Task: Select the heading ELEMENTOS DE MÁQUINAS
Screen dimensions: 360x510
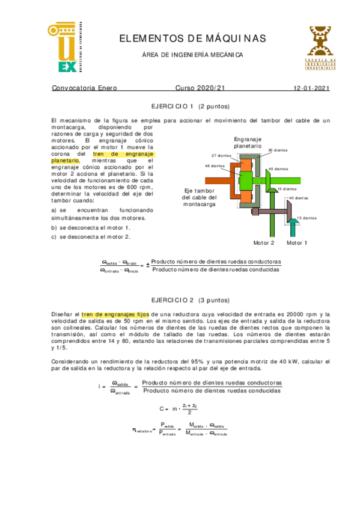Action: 192,38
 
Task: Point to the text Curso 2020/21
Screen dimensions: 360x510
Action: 200,88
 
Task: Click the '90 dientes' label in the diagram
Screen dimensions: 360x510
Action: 278,150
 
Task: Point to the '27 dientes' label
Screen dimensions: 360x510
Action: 221,155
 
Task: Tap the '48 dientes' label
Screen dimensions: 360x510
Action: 215,166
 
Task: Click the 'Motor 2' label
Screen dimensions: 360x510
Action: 263,243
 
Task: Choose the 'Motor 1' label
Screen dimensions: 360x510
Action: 297,243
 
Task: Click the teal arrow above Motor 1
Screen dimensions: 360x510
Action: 293,227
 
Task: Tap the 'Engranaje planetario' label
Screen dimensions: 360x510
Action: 248,142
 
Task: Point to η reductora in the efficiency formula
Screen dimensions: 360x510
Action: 143,428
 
